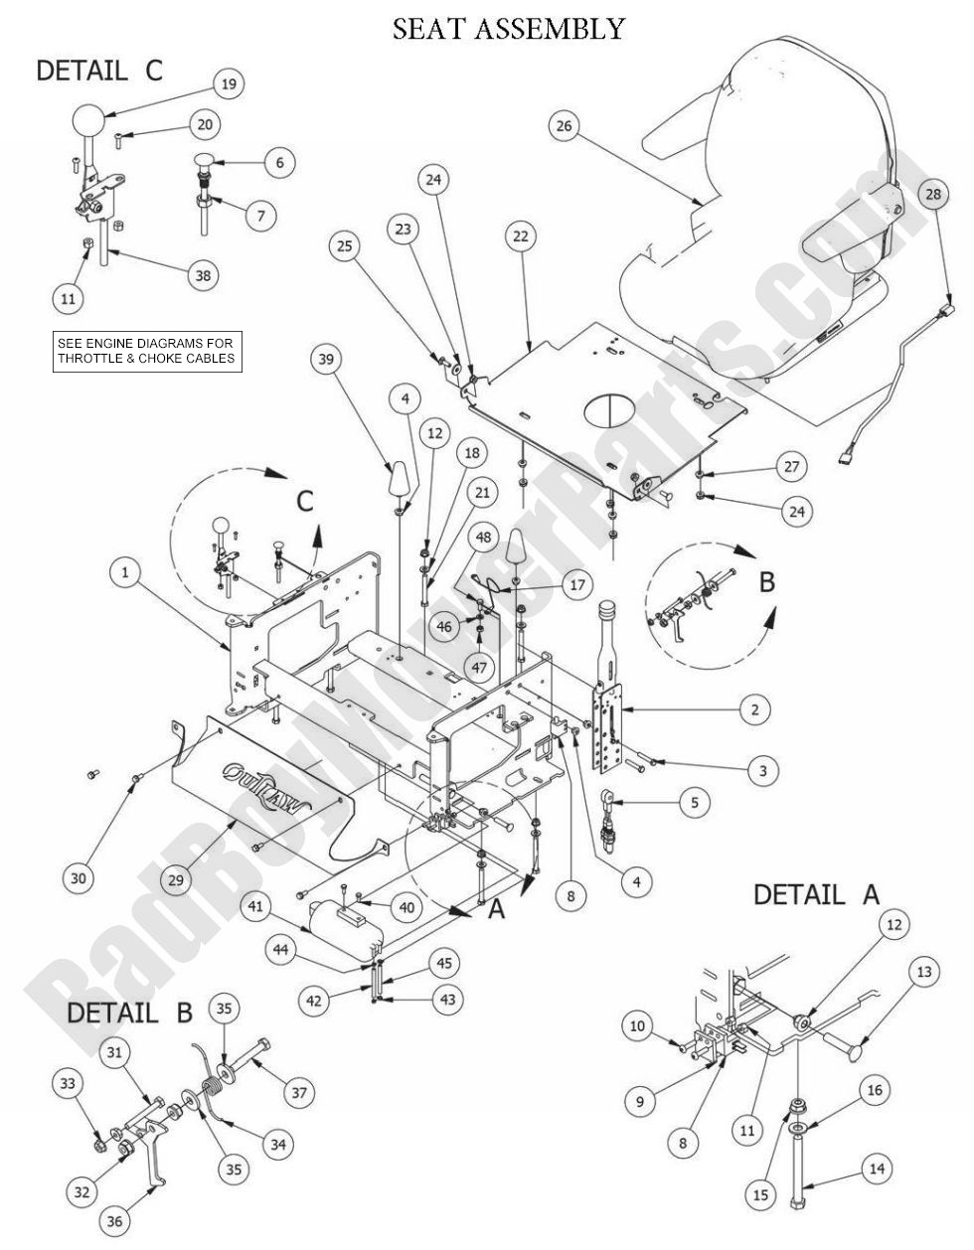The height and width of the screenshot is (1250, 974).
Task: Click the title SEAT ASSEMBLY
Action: tap(509, 28)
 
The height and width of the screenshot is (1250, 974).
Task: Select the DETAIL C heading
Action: tap(98, 72)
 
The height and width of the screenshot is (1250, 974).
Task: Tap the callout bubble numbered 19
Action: tap(228, 85)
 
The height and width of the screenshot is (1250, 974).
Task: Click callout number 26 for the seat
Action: tap(565, 125)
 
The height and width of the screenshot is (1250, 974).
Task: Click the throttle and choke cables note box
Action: tap(147, 351)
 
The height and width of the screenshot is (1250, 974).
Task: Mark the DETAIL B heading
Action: tap(130, 1014)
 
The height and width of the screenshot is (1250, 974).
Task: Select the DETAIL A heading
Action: tap(816, 894)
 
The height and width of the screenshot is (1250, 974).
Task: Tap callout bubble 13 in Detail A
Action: tap(924, 972)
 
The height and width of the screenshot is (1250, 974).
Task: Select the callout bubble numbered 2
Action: tap(754, 709)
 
